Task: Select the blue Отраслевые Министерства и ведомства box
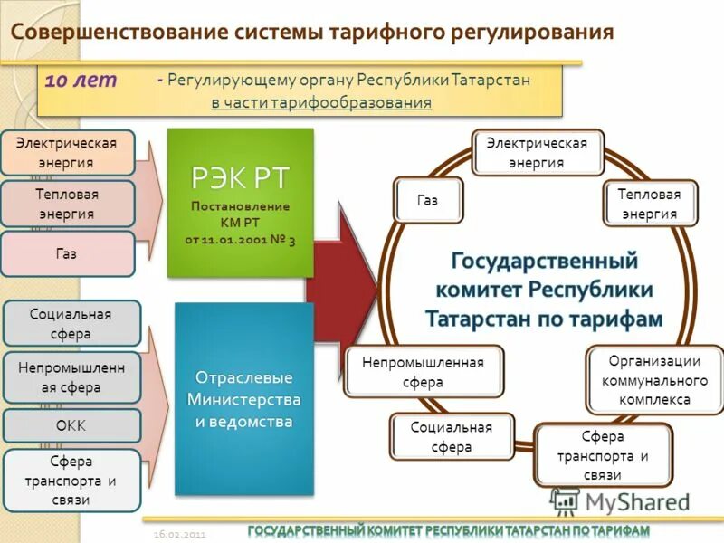point(243,398)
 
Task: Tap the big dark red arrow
point(344,289)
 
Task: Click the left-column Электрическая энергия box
point(68,152)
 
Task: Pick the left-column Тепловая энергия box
point(68,204)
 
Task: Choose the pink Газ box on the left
point(67,253)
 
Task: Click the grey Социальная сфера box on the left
point(71,323)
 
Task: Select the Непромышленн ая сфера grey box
point(71,377)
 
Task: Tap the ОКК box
point(71,425)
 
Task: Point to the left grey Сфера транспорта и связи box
point(71,480)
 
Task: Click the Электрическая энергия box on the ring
point(537,152)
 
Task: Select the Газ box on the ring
point(427,200)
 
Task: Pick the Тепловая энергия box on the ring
point(649,203)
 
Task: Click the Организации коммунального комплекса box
point(655,379)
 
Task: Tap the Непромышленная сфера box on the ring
point(423,371)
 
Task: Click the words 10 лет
point(81,80)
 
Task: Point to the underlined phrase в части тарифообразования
point(321,102)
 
